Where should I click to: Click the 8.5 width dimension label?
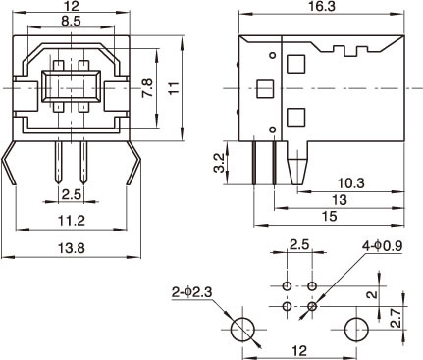[x=71, y=22]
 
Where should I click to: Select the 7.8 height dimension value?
[x=147, y=87]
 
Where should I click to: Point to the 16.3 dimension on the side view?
[x=322, y=7]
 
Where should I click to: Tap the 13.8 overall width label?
[x=72, y=248]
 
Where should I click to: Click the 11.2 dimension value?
[x=72, y=221]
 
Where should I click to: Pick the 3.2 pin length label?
[x=219, y=163]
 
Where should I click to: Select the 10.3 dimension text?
[x=351, y=183]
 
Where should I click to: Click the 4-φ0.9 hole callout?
[x=382, y=246]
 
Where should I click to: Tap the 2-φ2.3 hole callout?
[x=192, y=292]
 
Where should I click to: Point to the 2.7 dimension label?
[x=397, y=319]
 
